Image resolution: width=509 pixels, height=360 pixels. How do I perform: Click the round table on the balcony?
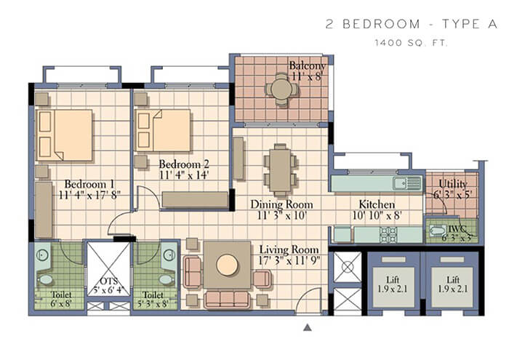coord(280,89)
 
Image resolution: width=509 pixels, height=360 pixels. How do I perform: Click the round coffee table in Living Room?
coord(227,265)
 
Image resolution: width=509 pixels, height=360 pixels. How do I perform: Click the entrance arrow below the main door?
coord(308,328)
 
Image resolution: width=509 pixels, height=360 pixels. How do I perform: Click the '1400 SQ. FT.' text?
coord(411,44)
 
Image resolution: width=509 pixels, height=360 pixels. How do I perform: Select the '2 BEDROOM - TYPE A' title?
coord(411,24)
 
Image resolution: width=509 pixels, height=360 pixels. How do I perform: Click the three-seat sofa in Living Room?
coord(227,299)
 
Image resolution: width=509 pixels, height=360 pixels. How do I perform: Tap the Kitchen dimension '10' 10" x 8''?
coord(376,216)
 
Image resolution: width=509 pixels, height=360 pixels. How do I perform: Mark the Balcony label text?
coord(306,65)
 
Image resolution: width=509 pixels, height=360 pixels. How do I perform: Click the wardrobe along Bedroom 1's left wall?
coord(44,211)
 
